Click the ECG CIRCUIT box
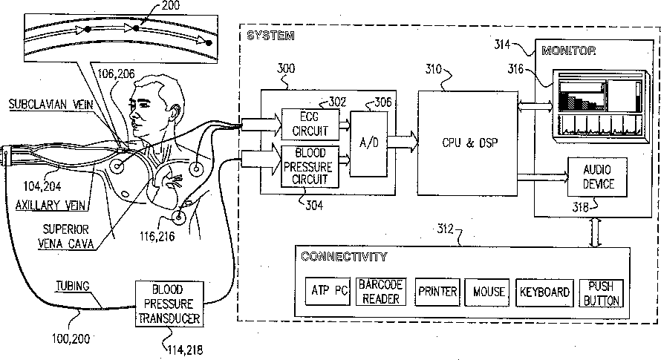coord(310,125)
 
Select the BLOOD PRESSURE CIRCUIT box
coord(310,166)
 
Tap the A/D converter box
coord(368,144)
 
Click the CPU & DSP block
coord(467,143)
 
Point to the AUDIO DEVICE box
coord(597,177)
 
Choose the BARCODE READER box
coord(381,292)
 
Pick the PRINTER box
coord(437,292)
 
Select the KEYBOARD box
coord(544,292)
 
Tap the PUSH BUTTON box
coord(601,293)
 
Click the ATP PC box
coord(328,291)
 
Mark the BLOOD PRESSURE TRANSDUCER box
coord(169,304)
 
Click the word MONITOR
coord(569,51)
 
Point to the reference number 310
coord(433,69)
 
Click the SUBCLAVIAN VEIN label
coord(51,104)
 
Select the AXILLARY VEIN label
coord(51,206)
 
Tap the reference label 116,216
coord(157,236)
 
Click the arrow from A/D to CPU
coord(402,142)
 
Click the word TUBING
coord(73,286)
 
